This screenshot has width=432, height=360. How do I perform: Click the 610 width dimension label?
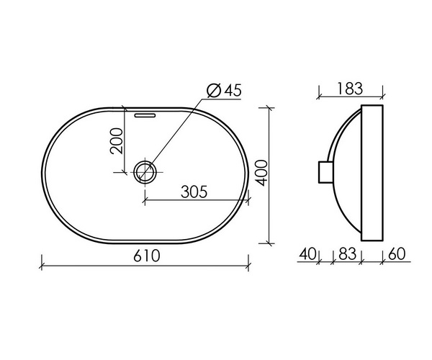pos(145,256)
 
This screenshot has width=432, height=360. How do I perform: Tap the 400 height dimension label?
pos(263,173)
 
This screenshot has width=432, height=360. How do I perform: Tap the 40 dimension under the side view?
pos(307,253)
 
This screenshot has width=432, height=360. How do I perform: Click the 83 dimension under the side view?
pos(346,253)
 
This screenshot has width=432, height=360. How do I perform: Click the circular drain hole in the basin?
pos(145,171)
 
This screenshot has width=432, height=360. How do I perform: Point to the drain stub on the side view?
pos(325,174)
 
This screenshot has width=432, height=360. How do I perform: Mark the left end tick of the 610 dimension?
pos(42,264)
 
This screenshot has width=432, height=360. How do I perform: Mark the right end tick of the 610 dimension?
pos(249,264)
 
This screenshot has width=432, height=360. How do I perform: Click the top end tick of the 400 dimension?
pos(270,108)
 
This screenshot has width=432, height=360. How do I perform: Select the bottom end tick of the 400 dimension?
pos(270,242)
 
